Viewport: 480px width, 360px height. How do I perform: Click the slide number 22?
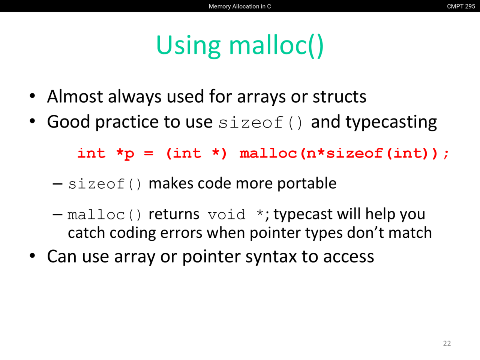pyautogui.click(x=447, y=343)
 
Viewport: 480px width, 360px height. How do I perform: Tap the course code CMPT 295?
pyautogui.click(x=461, y=6)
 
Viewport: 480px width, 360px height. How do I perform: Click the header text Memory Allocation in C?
pyautogui.click(x=240, y=6)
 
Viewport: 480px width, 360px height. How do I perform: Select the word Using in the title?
pyautogui.click(x=188, y=46)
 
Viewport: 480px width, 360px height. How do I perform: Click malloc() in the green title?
pyautogui.click(x=276, y=46)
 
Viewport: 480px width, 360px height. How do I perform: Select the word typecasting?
pyautogui.click(x=374, y=122)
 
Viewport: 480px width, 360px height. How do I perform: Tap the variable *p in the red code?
pyautogui.click(x=125, y=154)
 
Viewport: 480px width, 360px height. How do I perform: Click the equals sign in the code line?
pyautogui.click(x=149, y=153)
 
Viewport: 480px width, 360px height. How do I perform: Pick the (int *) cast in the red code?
pyautogui.click(x=196, y=153)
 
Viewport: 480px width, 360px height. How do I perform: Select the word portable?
pyautogui.click(x=307, y=183)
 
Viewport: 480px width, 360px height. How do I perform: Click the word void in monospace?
pyautogui.click(x=226, y=214)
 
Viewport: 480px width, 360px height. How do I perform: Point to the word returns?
pyautogui.click(x=174, y=214)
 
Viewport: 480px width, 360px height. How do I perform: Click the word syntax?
pyautogui.click(x=271, y=257)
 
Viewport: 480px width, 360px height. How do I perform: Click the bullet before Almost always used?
pyautogui.click(x=32, y=96)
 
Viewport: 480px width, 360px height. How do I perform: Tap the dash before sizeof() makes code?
pyautogui.click(x=57, y=184)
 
